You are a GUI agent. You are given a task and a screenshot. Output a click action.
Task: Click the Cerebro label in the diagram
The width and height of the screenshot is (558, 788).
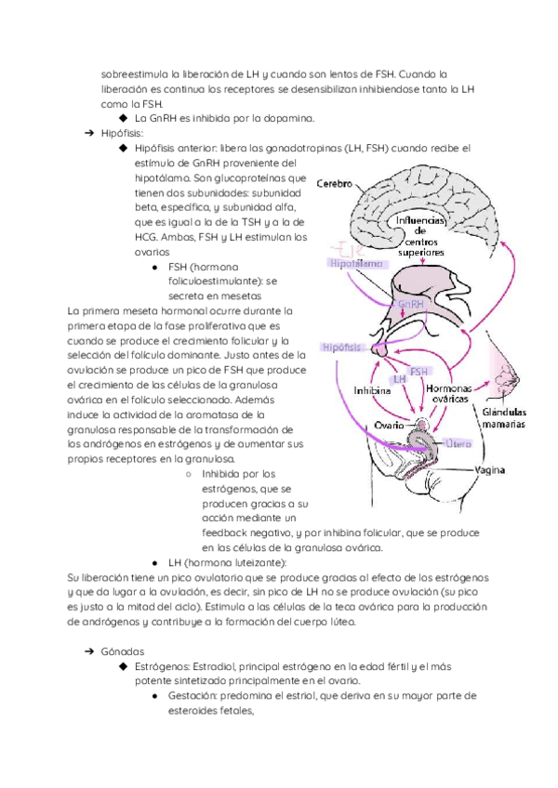[331, 184]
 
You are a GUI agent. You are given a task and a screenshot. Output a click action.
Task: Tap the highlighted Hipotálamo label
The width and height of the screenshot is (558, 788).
[357, 264]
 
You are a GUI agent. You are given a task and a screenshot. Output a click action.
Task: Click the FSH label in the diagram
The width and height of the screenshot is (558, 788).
[418, 371]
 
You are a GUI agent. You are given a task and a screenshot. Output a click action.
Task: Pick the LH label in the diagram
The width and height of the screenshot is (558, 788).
[400, 379]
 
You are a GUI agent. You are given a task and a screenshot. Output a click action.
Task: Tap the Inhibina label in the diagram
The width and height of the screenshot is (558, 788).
[372, 391]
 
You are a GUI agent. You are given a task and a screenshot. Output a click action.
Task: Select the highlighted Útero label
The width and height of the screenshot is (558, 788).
[458, 444]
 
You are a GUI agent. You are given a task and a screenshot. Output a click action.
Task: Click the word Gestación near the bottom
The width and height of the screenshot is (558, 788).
[196, 696]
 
